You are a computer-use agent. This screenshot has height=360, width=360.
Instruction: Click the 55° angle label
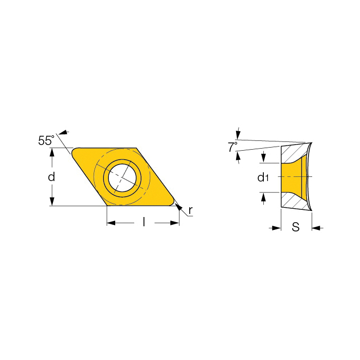click(x=46, y=140)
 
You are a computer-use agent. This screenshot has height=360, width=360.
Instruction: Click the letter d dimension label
click(x=51, y=177)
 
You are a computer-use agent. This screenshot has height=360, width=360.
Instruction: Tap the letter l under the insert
click(x=144, y=222)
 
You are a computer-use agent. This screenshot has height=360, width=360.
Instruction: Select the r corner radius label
click(x=190, y=210)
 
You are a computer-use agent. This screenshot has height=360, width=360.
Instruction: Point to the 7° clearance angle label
click(x=232, y=147)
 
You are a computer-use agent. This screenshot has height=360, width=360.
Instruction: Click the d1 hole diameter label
click(x=263, y=177)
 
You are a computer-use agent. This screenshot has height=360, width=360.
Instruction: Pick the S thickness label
click(x=296, y=227)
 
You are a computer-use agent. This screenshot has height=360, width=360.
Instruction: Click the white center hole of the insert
click(x=122, y=177)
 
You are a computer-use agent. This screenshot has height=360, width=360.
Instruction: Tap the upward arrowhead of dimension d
click(x=52, y=152)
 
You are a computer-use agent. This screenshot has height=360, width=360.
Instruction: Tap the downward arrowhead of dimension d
click(x=52, y=202)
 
